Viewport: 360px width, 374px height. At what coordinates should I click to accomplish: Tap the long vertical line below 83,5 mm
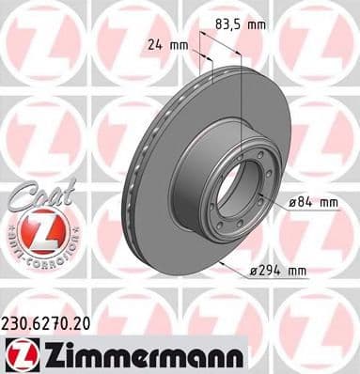243,113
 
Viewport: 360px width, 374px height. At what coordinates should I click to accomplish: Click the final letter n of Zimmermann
235,354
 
